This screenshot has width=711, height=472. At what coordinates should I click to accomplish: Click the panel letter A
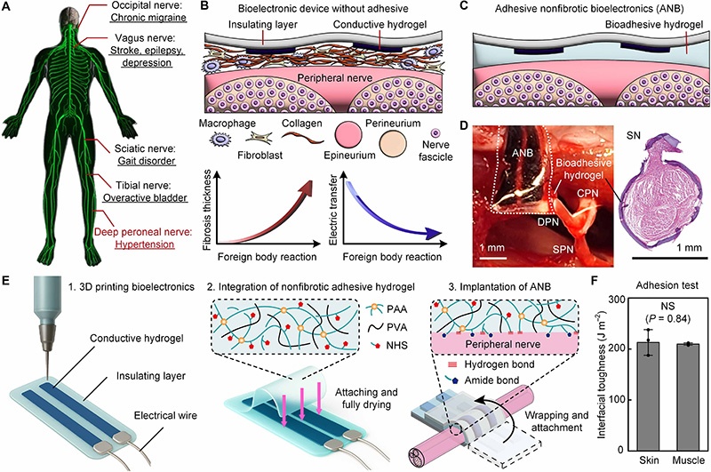pos(9,8)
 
